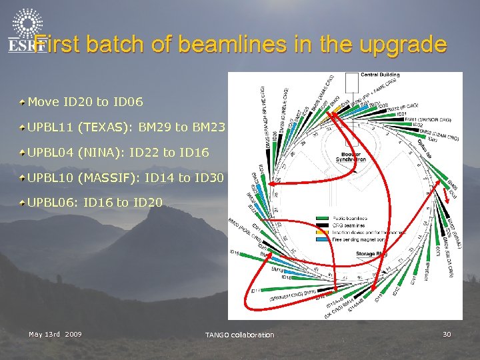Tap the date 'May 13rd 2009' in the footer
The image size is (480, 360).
pos(55,334)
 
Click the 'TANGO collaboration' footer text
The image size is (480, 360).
pos(239,335)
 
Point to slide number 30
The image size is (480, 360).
pos(447,334)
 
